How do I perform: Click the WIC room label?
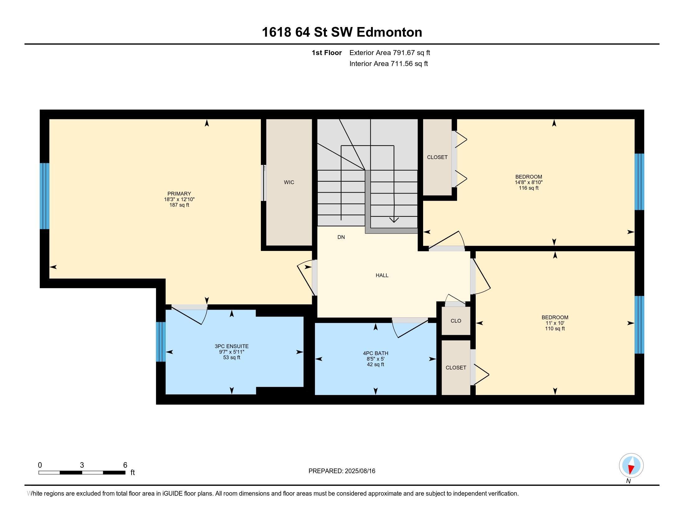[x=289, y=182]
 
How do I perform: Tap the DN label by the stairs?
[x=341, y=237]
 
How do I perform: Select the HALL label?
[x=382, y=275]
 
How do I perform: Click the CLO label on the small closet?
[x=456, y=321]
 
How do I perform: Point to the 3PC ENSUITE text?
[x=231, y=346]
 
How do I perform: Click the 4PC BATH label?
[x=376, y=353]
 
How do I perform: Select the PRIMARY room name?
[x=179, y=194]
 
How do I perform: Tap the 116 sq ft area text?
[x=528, y=188]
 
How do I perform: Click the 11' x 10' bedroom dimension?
[x=555, y=323]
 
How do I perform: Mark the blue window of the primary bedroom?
[x=45, y=196]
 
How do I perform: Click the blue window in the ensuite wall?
[x=161, y=342]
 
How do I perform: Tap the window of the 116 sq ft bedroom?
[x=639, y=182]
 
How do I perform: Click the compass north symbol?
[x=631, y=466]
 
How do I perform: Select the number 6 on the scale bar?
[x=125, y=465]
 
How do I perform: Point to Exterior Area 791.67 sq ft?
[x=390, y=53]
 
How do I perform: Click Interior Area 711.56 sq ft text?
[x=388, y=64]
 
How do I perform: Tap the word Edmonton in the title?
[x=389, y=32]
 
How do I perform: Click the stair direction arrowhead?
[x=394, y=220]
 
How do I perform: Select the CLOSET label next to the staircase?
[x=437, y=157]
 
